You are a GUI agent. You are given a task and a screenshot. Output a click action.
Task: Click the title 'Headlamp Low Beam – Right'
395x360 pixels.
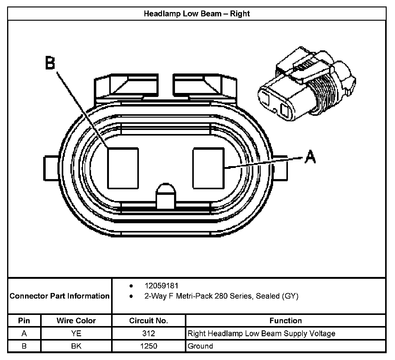coord(197,14)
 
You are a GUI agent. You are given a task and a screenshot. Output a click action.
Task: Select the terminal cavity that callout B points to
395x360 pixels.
coord(123,168)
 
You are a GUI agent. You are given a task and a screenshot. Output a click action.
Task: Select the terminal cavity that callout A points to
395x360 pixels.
coord(208,168)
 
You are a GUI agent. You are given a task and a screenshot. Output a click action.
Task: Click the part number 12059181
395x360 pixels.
coord(161,286)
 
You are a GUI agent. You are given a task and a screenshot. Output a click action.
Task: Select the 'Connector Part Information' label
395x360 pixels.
coord(60,296)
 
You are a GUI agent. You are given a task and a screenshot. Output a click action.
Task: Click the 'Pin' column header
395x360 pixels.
coord(24,320)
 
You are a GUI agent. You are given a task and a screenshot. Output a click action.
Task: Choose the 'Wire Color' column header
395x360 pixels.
coord(76,320)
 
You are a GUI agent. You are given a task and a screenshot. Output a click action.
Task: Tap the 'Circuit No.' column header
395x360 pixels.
coord(148,320)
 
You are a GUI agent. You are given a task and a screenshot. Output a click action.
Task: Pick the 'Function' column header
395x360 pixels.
coord(285,320)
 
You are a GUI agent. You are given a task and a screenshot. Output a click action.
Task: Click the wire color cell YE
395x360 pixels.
coord(76,333)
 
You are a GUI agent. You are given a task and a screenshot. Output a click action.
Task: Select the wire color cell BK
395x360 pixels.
coord(76,346)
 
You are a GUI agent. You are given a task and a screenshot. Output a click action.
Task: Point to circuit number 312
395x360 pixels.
coord(148,333)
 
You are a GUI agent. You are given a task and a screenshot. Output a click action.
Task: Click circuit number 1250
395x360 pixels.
coord(148,346)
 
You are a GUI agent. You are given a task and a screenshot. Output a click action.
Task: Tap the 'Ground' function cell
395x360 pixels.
coord(200,346)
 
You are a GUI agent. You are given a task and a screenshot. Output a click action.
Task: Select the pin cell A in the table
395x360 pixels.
coord(24,333)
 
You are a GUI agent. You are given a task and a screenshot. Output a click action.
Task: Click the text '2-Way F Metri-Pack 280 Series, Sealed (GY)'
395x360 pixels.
coord(221,296)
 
